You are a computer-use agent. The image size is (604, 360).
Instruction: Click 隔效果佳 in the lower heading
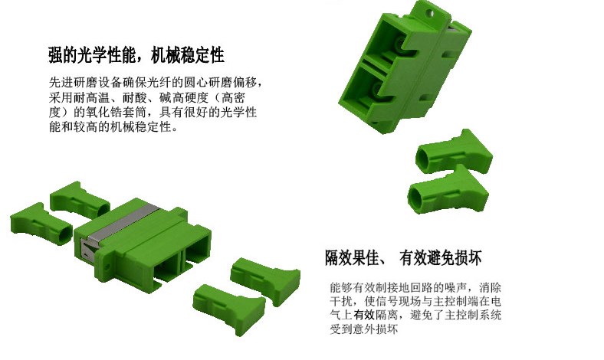tap(353, 257)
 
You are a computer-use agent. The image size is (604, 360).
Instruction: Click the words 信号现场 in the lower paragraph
tap(396, 302)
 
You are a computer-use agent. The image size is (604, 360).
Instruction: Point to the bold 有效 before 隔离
tap(365, 316)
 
